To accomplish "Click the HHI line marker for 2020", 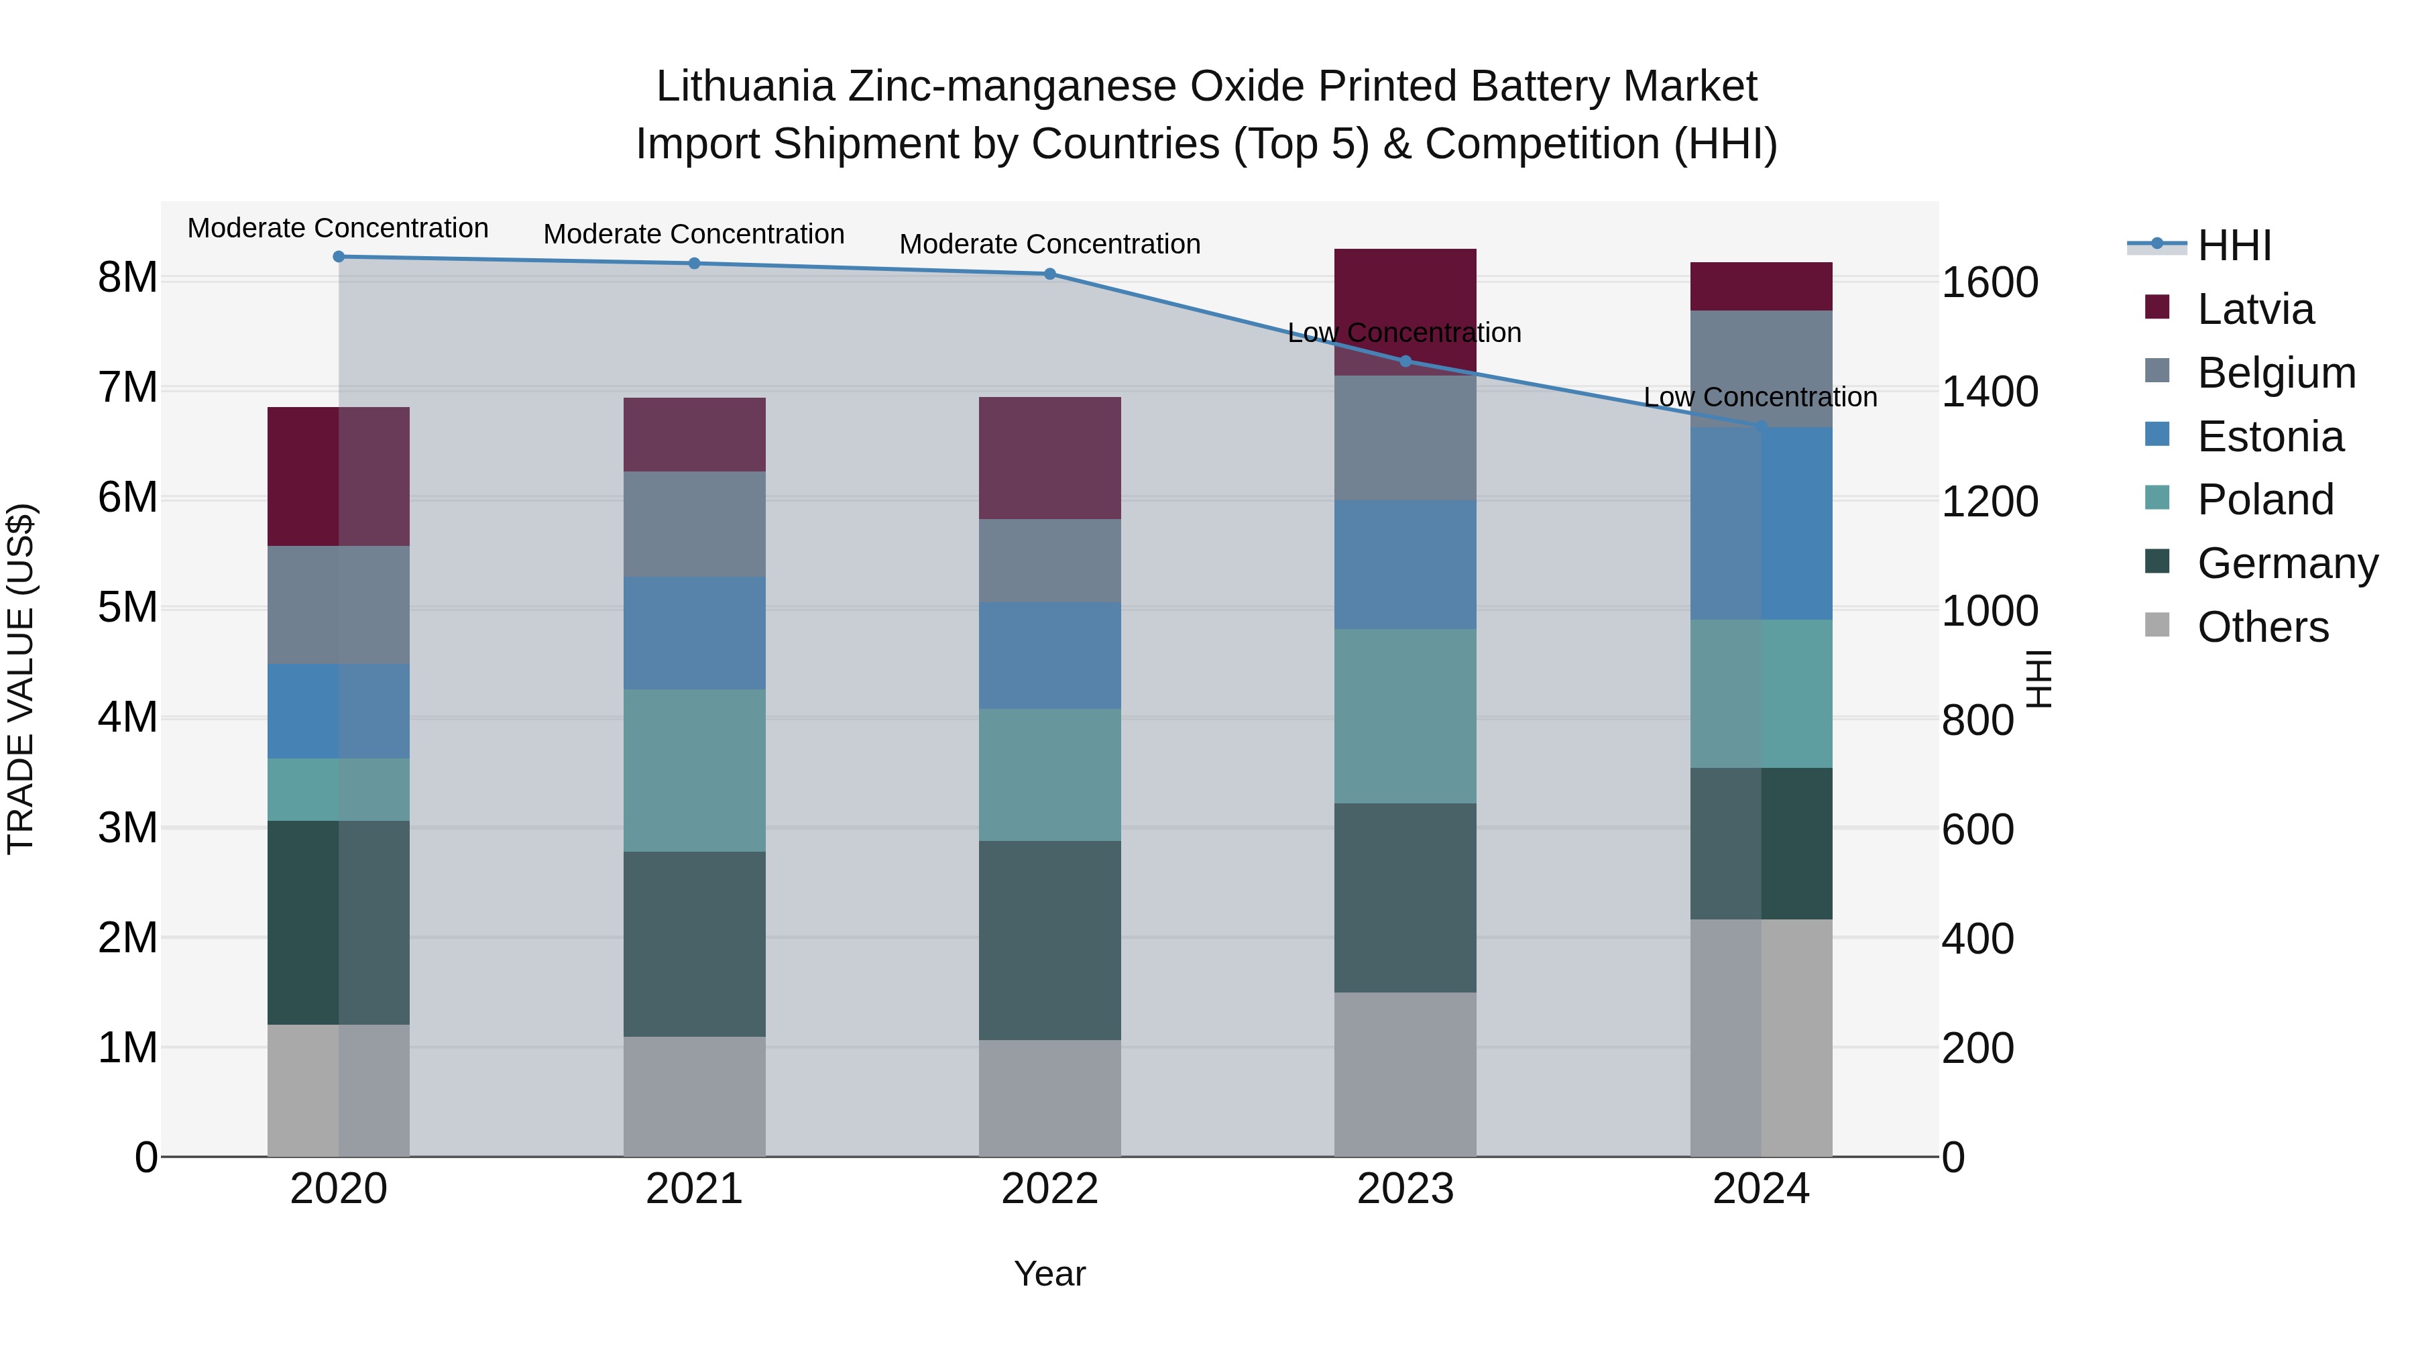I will tap(339, 257).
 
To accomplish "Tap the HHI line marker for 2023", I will tap(1405, 361).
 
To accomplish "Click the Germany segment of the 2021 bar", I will tap(695, 943).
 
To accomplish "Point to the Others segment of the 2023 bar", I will tap(1405, 1074).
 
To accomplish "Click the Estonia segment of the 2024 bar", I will tap(1761, 523).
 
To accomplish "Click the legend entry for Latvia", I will tap(2254, 309).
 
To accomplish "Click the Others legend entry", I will tap(2262, 627).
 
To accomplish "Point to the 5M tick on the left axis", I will tap(128, 608).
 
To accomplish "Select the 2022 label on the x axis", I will tap(1049, 1189).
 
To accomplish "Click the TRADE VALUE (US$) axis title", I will tap(21, 679).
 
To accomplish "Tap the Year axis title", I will tap(1049, 1274).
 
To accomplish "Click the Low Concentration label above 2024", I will tap(1760, 398).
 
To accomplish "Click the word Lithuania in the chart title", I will tap(745, 87).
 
